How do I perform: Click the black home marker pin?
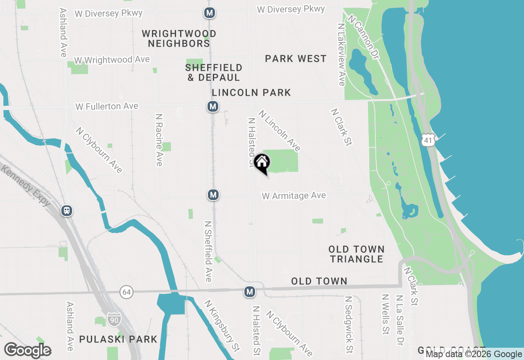[x=262, y=164]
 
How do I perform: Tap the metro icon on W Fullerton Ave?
[x=212, y=107]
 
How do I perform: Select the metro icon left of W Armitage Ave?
[x=213, y=195]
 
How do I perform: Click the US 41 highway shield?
[x=428, y=140]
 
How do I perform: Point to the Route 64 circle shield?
[x=126, y=292]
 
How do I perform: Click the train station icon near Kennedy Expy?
[x=67, y=211]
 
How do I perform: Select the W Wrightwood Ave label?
[x=112, y=60]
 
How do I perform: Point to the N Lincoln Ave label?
[x=280, y=130]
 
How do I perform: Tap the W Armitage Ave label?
[x=294, y=196]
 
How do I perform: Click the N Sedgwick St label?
[x=349, y=325]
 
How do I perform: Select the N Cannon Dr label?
[x=362, y=36]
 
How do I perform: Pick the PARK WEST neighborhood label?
[x=296, y=59]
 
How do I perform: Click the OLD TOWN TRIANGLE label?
[x=357, y=254]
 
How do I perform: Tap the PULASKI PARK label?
[x=118, y=339]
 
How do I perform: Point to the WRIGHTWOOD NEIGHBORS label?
[x=179, y=38]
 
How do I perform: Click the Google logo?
[x=28, y=350]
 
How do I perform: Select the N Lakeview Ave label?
[x=341, y=54]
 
